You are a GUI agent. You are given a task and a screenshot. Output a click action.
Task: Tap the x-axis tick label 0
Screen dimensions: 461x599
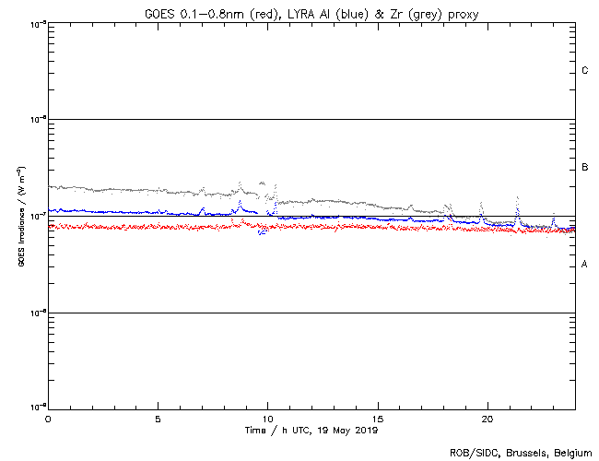[x=48, y=418]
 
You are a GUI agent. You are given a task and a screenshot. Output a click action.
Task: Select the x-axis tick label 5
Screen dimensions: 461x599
[x=158, y=418]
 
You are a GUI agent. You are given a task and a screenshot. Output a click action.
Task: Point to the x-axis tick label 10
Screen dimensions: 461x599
[x=267, y=418]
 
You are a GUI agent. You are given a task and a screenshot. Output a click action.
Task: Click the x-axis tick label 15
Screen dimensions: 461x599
[x=377, y=418]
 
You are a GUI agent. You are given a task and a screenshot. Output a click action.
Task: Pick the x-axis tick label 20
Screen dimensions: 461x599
[x=487, y=418]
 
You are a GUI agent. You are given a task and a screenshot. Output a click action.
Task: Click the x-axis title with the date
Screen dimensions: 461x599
[x=311, y=430]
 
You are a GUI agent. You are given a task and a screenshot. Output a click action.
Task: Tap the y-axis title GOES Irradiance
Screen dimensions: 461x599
[x=20, y=217]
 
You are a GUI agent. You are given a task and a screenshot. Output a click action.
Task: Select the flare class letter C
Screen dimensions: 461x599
[x=584, y=71]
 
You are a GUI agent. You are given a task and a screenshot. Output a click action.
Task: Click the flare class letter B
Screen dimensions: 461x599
[x=584, y=168]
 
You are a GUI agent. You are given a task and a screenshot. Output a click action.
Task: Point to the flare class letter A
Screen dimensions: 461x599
[x=584, y=265]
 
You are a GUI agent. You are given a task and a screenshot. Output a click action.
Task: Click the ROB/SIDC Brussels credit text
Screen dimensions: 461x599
[x=520, y=452]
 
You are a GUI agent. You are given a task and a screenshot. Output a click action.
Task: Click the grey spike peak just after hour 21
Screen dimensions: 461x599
[x=518, y=198]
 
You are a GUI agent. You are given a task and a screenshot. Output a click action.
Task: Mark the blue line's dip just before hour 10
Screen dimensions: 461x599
[x=262, y=232]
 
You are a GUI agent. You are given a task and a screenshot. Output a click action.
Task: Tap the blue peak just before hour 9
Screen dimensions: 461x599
[x=240, y=202]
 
